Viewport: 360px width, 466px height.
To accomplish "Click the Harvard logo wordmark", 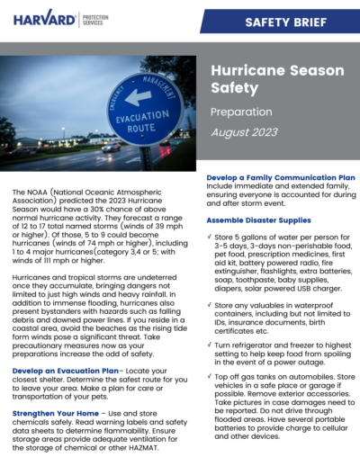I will tap(43, 18).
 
